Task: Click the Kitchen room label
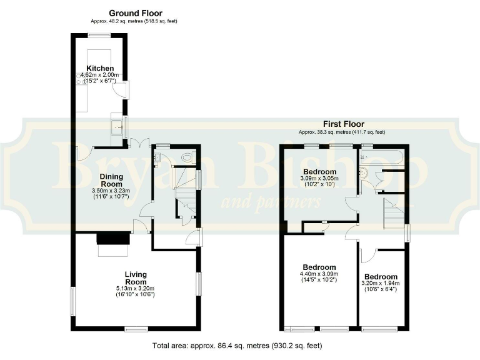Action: (x=100, y=68)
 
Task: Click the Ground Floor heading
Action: (x=136, y=13)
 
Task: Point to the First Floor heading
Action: (x=343, y=124)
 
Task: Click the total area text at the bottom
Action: (x=238, y=345)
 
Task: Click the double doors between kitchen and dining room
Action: (x=137, y=142)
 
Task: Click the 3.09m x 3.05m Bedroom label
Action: (x=320, y=172)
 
